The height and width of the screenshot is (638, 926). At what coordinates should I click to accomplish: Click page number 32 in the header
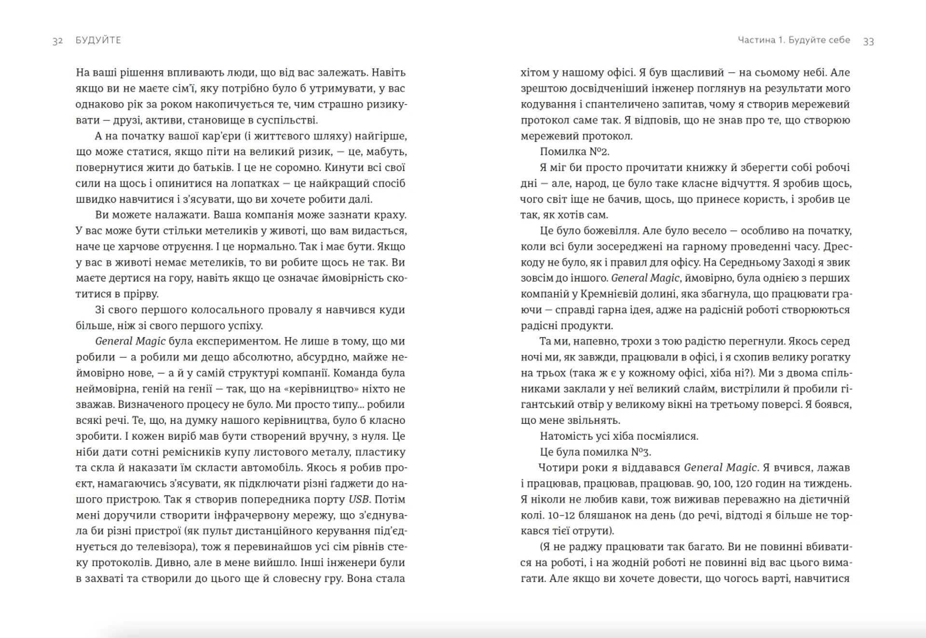pos(57,41)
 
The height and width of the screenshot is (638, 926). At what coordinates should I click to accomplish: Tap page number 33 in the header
pos(868,41)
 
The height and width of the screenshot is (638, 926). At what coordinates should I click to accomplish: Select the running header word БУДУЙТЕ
pos(98,41)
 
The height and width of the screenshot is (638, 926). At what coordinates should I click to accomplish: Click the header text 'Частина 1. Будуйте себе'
pos(794,40)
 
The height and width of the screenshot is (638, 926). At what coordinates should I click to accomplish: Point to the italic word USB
pos(358,500)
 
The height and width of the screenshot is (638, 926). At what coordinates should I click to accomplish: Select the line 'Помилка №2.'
pos(574,152)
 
